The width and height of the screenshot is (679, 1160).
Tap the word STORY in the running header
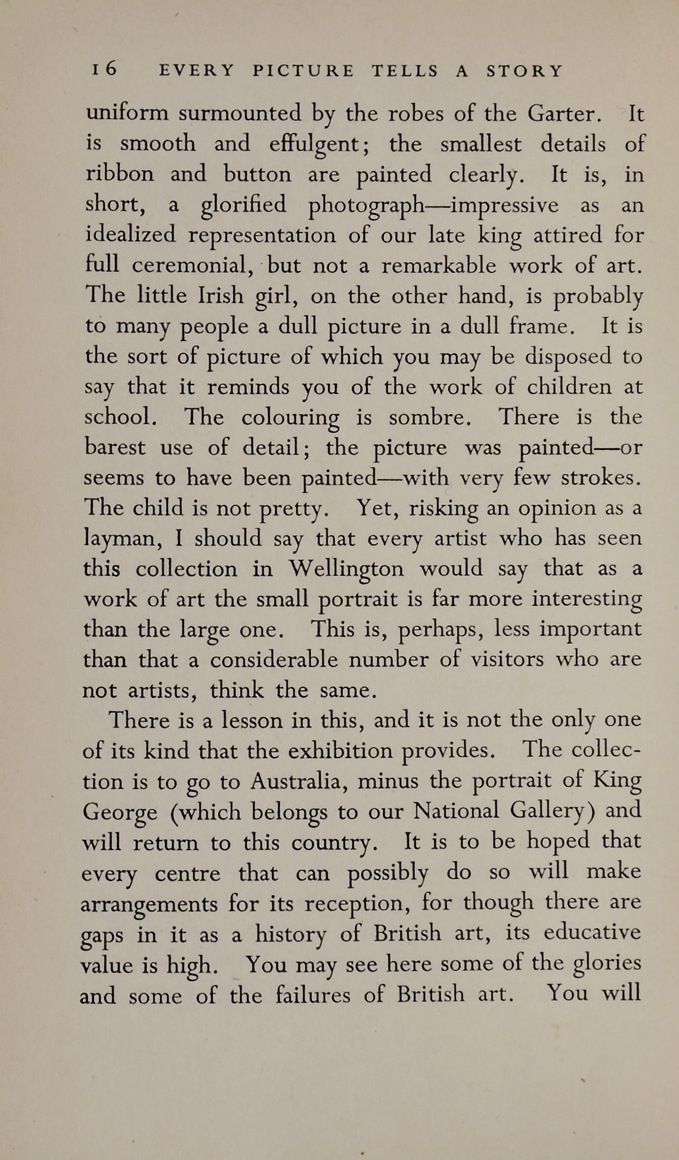[524, 72]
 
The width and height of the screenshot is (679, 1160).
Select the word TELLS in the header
[405, 72]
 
